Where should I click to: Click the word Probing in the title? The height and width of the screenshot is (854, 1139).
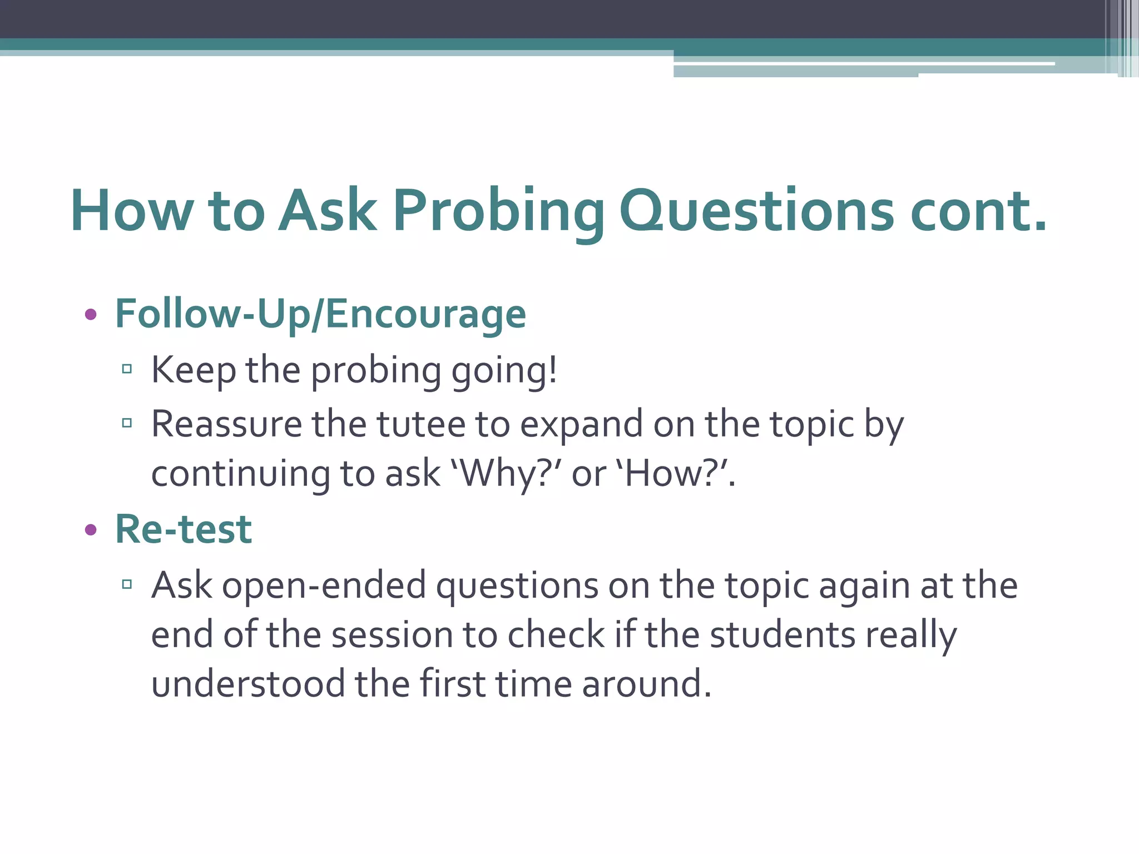coord(498,211)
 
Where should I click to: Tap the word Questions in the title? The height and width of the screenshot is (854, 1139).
coord(756,211)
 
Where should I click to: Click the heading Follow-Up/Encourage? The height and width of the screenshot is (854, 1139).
coord(320,315)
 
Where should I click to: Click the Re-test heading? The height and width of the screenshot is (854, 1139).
coord(184,529)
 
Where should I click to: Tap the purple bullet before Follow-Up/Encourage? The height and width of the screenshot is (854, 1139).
coord(91,315)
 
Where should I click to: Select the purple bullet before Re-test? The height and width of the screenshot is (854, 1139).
coord(91,530)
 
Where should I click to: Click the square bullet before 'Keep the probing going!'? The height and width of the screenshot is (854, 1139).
coord(127,369)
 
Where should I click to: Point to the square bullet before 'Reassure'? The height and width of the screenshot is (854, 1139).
coord(127,423)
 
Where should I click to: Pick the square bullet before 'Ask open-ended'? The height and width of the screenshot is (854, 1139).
coord(127,584)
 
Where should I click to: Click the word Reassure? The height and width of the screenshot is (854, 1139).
coord(226,425)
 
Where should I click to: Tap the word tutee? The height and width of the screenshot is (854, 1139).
coord(420,425)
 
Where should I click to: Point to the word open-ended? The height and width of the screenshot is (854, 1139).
coord(324,586)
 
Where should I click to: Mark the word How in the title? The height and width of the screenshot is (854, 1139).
coord(132,211)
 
